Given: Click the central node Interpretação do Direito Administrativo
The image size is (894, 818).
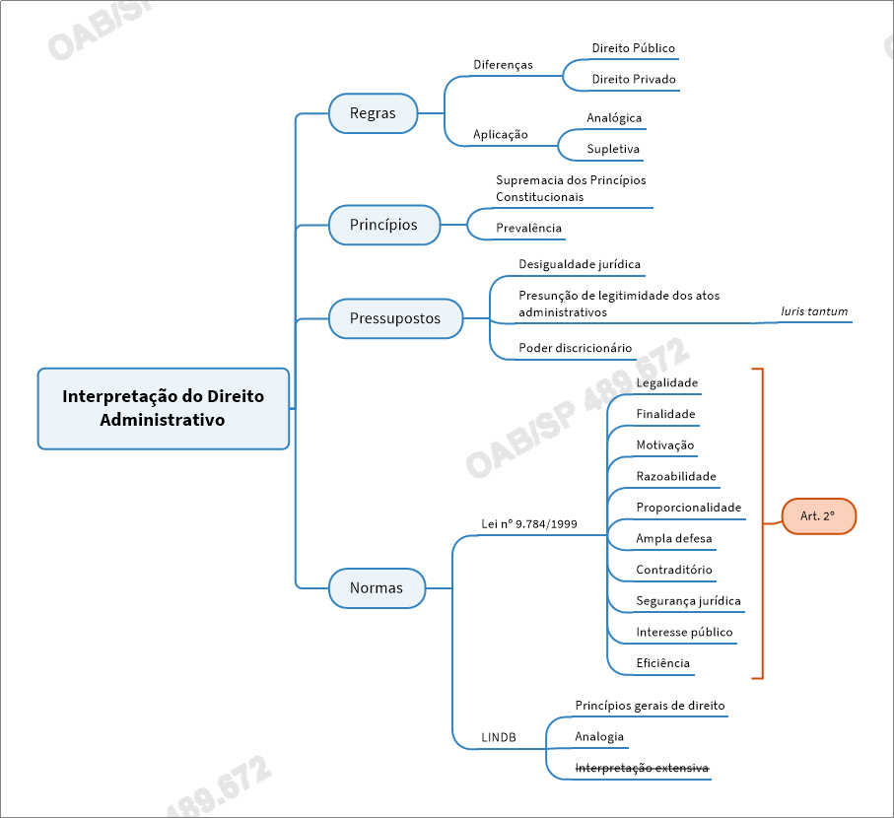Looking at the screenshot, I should pyautogui.click(x=164, y=408).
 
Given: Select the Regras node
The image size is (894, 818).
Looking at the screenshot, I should pyautogui.click(x=373, y=113).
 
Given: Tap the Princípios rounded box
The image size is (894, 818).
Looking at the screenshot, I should pyautogui.click(x=383, y=225).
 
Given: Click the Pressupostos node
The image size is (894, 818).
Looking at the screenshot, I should pyautogui.click(x=395, y=318).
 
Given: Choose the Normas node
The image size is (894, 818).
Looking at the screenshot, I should pyautogui.click(x=377, y=588).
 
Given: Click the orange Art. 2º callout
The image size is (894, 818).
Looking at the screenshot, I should pyautogui.click(x=818, y=516).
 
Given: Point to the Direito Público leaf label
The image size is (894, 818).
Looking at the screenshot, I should pyautogui.click(x=633, y=48).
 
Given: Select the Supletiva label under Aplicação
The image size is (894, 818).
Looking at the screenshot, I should pyautogui.click(x=613, y=150).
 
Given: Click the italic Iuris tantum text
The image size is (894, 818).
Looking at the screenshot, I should pyautogui.click(x=813, y=311).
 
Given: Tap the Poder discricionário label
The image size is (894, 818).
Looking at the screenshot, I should pyautogui.click(x=575, y=348).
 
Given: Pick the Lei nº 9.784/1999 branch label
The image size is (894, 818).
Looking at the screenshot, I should pyautogui.click(x=529, y=524).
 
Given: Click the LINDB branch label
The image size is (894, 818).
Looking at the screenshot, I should pyautogui.click(x=499, y=737).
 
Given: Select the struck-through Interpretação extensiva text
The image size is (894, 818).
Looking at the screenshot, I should pyautogui.click(x=642, y=768).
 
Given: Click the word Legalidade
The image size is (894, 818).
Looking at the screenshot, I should pyautogui.click(x=666, y=382).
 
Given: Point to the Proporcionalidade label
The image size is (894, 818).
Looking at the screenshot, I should pyautogui.click(x=688, y=508).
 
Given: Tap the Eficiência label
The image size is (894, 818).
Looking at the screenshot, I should pyautogui.click(x=662, y=663).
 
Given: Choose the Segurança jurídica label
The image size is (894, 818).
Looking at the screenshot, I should pyautogui.click(x=688, y=601).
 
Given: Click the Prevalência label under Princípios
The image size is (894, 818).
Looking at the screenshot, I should pyautogui.click(x=528, y=229).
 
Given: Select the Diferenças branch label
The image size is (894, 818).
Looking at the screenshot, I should pyautogui.click(x=503, y=65).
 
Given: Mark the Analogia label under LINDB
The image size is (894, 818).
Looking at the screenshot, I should pyautogui.click(x=599, y=737).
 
